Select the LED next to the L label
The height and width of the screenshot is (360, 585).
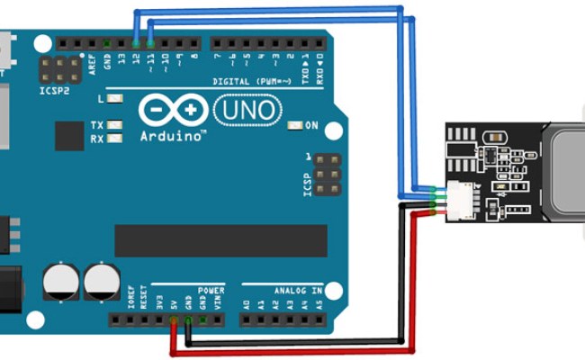pyautogui.click(x=113, y=97)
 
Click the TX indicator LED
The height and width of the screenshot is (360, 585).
pyautogui.click(x=113, y=125)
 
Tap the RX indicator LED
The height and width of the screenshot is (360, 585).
pyautogui.click(x=113, y=139)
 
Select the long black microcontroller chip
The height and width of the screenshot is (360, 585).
pyautogui.click(x=220, y=240)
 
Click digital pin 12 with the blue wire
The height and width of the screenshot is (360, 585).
pyautogui.click(x=136, y=43)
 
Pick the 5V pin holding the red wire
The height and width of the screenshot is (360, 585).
pyautogui.click(x=173, y=319)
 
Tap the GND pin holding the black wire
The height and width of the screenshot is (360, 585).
pyautogui.click(x=188, y=319)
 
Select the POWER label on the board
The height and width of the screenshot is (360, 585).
pyautogui.click(x=211, y=291)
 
